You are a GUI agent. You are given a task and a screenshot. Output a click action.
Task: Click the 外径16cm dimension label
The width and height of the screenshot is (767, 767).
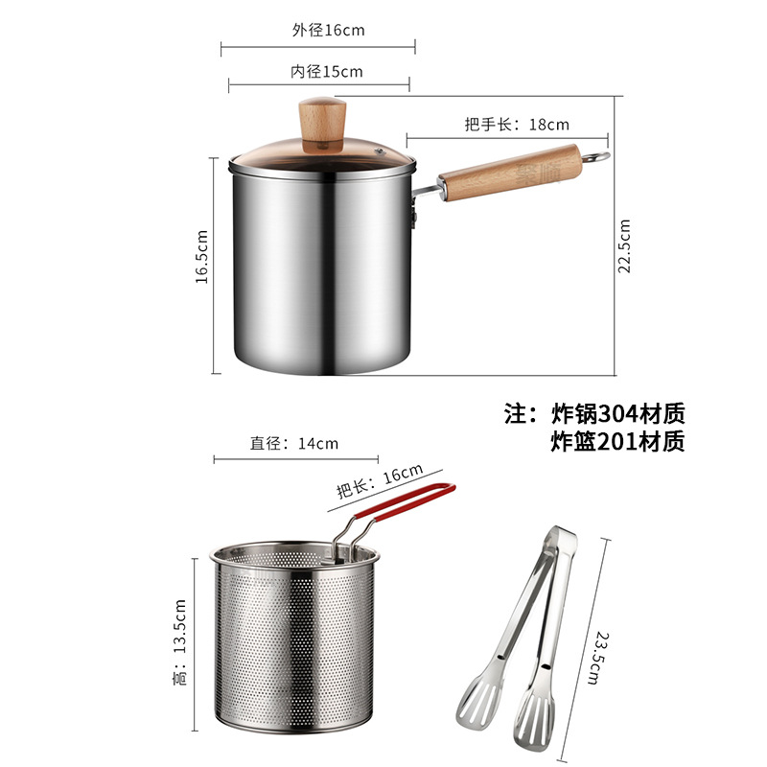328,31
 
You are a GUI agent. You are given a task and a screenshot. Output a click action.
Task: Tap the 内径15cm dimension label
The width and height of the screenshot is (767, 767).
326,72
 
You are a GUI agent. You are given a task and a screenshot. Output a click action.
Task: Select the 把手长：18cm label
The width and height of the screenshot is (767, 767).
517,125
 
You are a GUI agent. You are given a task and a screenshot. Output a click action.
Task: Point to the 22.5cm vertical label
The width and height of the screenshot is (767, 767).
624,246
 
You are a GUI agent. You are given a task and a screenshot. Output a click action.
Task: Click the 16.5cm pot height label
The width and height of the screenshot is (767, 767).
201,256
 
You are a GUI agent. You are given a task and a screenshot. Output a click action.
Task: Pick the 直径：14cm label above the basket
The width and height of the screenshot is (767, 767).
294,443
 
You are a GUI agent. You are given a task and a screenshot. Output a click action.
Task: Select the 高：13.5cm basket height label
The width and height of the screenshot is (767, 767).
180,641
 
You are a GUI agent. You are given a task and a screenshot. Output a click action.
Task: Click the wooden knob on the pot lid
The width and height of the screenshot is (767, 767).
322,125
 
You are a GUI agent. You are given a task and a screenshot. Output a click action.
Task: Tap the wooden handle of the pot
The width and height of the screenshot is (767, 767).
510,173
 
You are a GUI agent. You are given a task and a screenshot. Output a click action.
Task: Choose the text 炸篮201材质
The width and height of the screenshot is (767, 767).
617,442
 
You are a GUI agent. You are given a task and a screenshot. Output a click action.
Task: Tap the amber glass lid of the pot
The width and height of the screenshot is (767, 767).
322,156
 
